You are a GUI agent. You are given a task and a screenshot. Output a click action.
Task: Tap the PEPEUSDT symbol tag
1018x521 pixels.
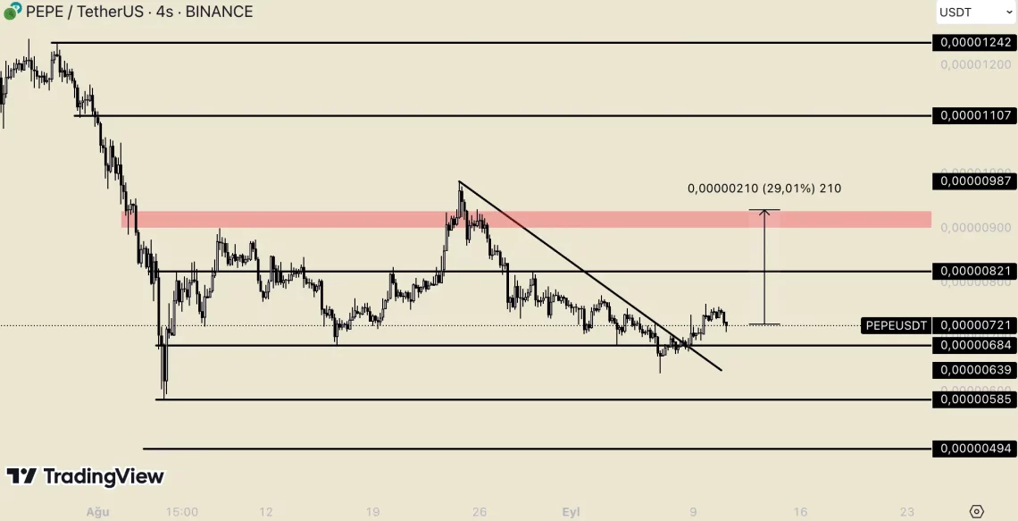(897, 325)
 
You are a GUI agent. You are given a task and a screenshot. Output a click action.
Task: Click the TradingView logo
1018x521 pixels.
(86, 476)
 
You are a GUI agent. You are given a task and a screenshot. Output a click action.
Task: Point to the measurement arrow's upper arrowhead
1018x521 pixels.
(764, 212)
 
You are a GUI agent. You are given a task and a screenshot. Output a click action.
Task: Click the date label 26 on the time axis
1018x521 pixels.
(480, 512)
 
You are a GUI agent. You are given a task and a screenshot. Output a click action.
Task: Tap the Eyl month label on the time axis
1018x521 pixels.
(571, 512)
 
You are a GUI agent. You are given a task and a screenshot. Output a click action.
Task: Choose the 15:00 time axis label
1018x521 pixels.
(181, 512)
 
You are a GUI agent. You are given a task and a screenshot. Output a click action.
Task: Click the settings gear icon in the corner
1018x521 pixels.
(976, 511)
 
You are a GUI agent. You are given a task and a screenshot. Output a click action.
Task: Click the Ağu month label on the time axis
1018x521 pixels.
(96, 512)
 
